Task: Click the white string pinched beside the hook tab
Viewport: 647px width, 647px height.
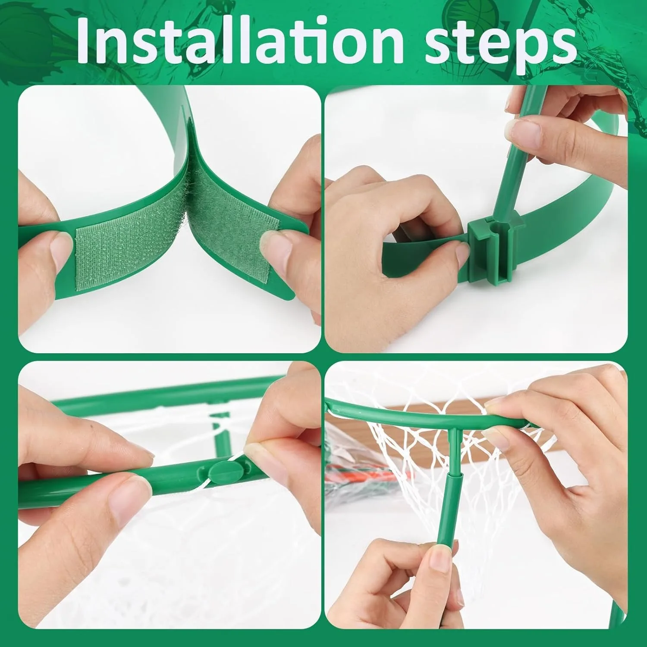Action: pos(224,479)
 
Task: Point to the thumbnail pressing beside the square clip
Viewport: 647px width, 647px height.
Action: pos(462,250)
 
